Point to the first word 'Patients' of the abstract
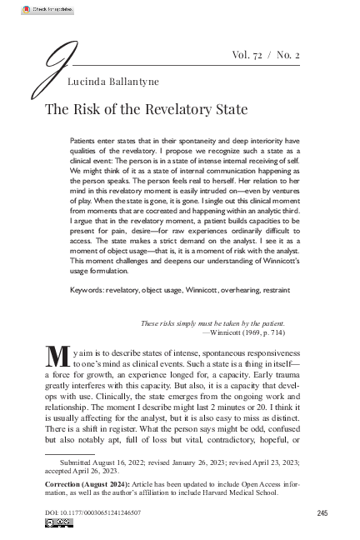coord(85,132)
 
